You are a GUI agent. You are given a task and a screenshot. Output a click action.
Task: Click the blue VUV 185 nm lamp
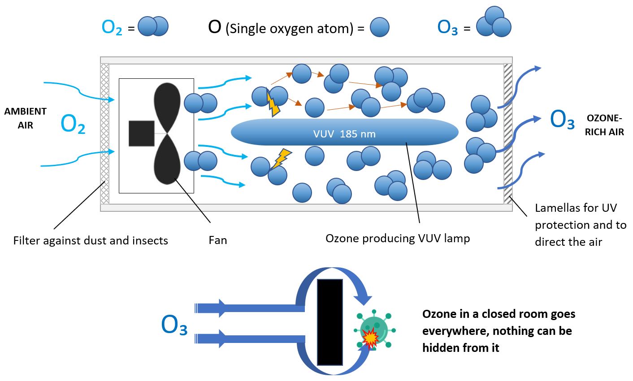pyautogui.click(x=344, y=132)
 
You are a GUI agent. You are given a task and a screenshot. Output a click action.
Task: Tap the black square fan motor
pyautogui.click(x=142, y=133)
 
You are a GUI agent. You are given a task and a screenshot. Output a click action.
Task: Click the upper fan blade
pyautogui.click(x=167, y=107)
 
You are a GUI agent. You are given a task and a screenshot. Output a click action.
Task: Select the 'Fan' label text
pyautogui.click(x=218, y=240)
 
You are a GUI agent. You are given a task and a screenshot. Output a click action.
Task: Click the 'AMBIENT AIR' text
pyautogui.click(x=26, y=118)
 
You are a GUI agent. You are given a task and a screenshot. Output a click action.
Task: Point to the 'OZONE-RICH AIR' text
pyautogui.click(x=604, y=125)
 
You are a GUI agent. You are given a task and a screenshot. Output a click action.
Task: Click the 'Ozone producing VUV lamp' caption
pyautogui.click(x=398, y=238)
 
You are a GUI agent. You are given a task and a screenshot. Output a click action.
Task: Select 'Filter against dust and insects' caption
pyautogui.click(x=91, y=240)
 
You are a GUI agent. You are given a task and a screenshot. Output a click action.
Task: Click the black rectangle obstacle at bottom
pyautogui.click(x=330, y=322)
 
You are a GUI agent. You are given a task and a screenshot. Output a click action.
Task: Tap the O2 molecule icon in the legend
pyautogui.click(x=153, y=26)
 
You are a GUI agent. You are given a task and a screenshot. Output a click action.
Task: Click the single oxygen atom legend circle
pyautogui.click(x=379, y=27)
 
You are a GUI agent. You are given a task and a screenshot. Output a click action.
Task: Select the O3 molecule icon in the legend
pyautogui.click(x=494, y=22)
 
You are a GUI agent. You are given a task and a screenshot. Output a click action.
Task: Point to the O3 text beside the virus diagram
pyautogui.click(x=174, y=325)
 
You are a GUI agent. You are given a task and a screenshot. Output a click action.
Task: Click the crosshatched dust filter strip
pyautogui.click(x=105, y=133)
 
